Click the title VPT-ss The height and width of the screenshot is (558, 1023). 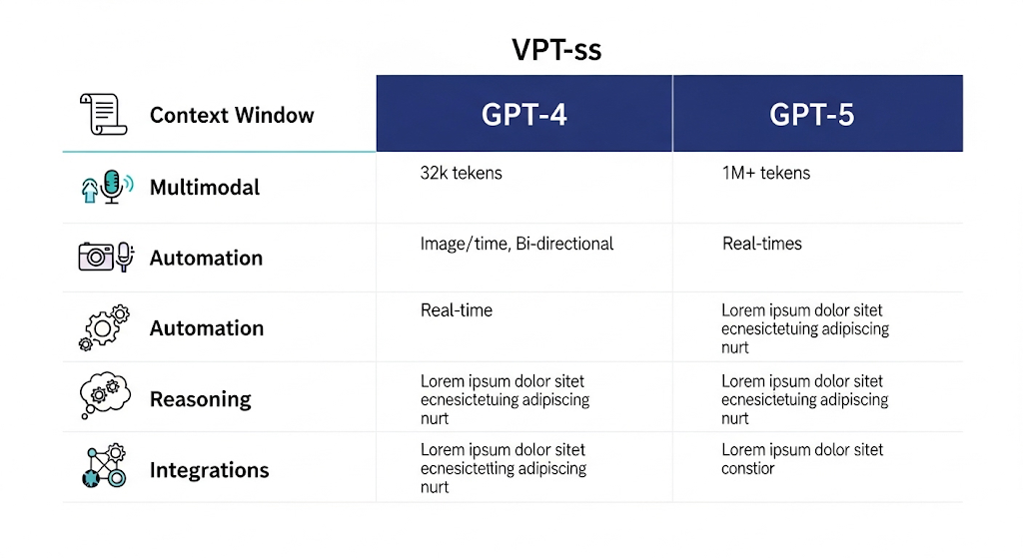(x=557, y=49)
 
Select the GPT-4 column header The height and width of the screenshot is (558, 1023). (x=523, y=114)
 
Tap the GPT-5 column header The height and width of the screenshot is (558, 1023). (x=811, y=114)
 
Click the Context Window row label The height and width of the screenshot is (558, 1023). (x=232, y=116)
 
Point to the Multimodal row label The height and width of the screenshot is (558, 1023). (x=205, y=188)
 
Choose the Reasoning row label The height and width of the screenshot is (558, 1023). (x=200, y=399)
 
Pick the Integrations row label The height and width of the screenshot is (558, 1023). (x=209, y=470)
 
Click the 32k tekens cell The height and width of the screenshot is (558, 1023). (x=461, y=174)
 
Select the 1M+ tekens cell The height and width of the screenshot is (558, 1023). (x=765, y=174)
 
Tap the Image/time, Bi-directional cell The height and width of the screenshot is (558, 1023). (x=516, y=244)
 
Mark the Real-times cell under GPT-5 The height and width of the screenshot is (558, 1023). (x=761, y=244)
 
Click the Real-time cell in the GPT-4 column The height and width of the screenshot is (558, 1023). (x=456, y=310)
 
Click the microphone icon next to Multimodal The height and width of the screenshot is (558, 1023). (x=112, y=187)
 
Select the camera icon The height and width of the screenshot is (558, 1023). (x=97, y=257)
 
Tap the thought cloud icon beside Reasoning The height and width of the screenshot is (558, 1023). (x=104, y=396)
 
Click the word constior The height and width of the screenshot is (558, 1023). (x=748, y=469)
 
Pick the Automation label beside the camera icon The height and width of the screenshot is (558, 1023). (x=206, y=259)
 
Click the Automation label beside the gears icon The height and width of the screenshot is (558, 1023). (x=206, y=328)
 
